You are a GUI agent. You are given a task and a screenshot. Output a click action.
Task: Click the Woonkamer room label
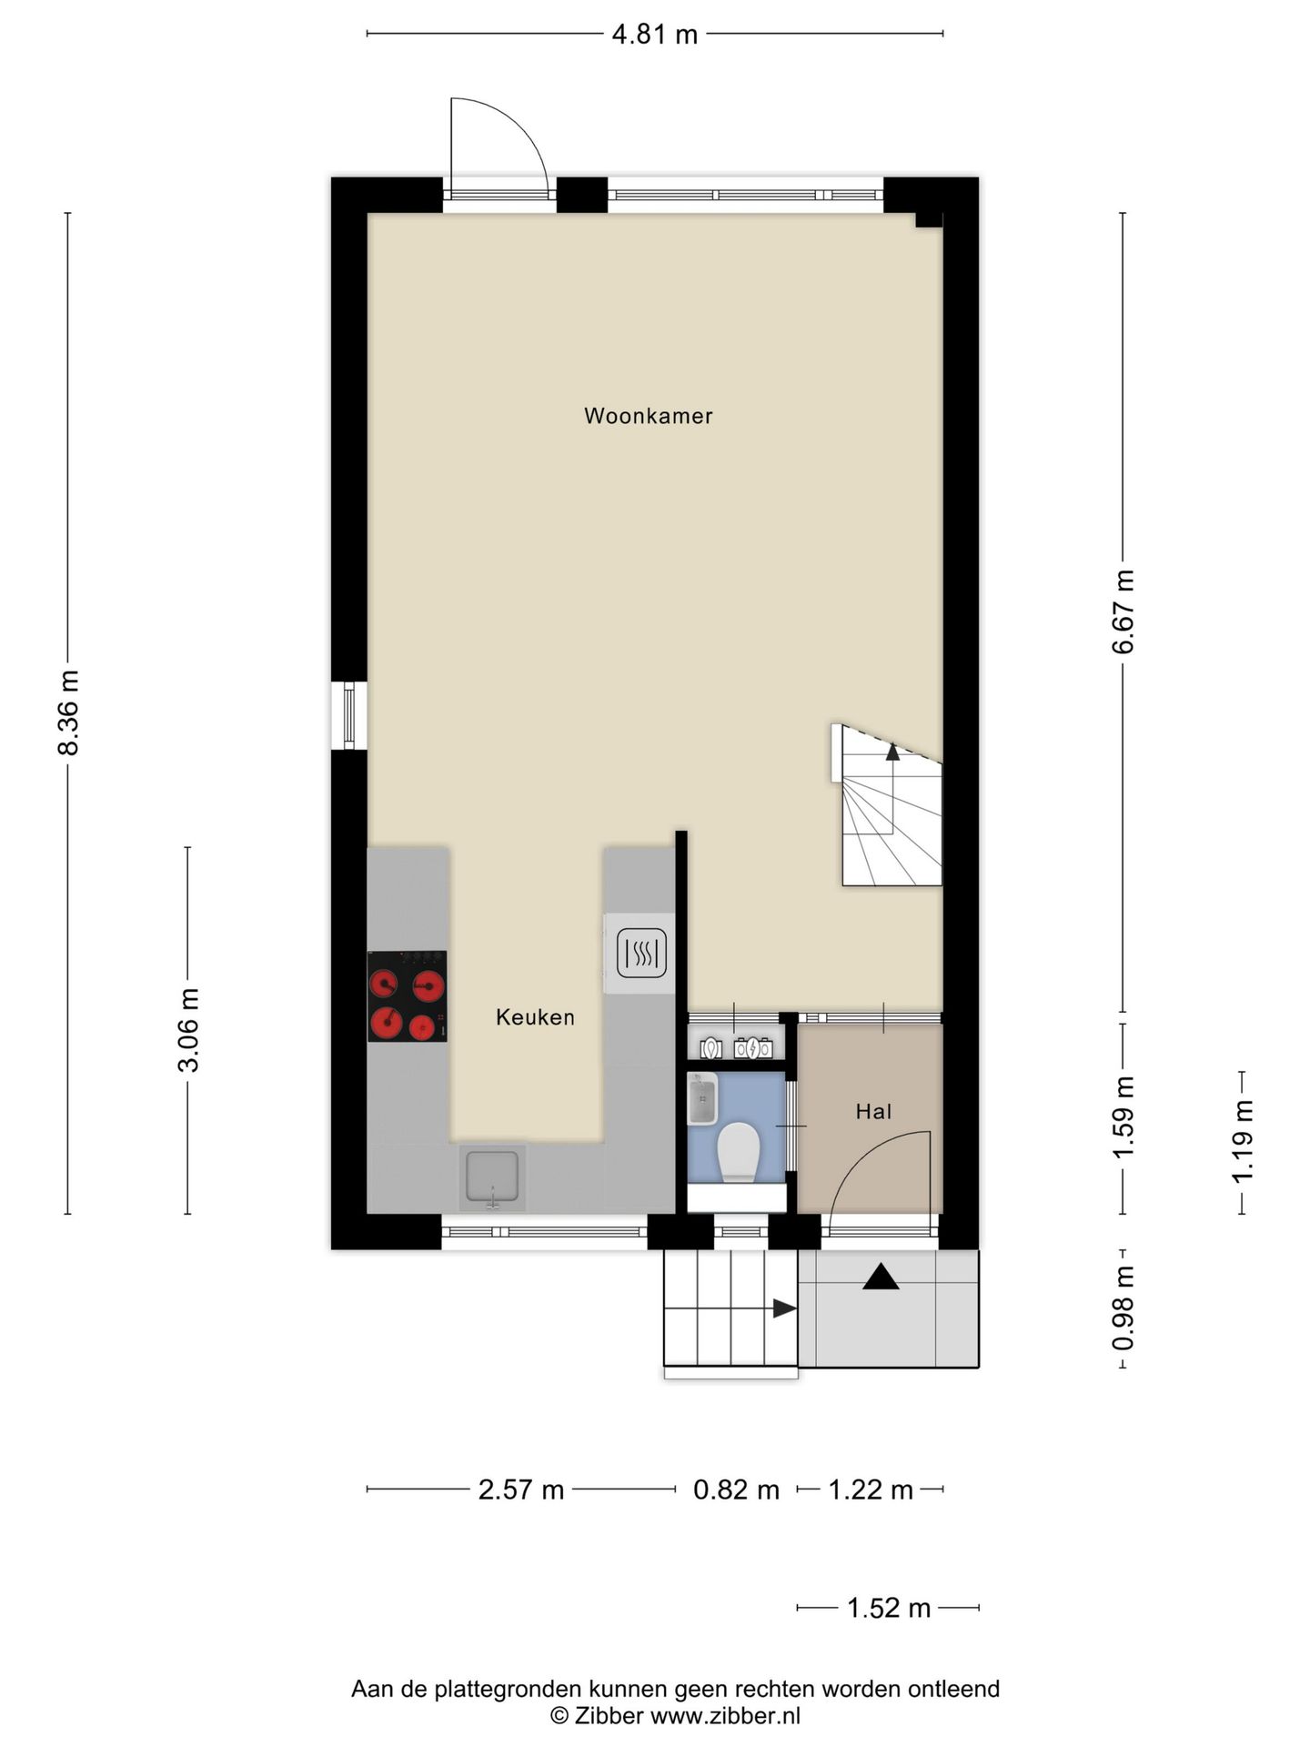[x=648, y=416]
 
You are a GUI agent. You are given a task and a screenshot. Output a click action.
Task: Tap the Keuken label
[x=535, y=1017]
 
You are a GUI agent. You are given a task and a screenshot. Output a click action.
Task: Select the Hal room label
[x=873, y=1111]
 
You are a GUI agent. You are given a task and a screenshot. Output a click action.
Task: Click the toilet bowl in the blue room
[x=738, y=1152]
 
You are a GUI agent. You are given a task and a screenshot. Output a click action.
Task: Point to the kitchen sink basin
[x=492, y=1176]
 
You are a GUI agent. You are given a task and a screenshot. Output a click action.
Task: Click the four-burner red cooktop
[x=407, y=996]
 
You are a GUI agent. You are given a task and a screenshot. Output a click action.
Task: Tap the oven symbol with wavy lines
[x=641, y=953]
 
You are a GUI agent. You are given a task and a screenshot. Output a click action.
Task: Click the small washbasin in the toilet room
[x=702, y=1098]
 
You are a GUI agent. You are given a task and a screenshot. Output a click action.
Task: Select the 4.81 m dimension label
[x=655, y=35]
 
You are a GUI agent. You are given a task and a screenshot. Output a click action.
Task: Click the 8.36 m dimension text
[x=69, y=712]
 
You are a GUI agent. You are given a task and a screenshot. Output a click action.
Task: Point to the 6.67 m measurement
[x=1124, y=611]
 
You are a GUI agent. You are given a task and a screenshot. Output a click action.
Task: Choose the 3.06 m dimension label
[x=188, y=1030]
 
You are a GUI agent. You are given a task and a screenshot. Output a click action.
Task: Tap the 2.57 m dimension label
[x=521, y=1490]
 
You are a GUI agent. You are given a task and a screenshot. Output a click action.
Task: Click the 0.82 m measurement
[x=737, y=1490]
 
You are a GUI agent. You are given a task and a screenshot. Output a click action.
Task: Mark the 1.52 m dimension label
[x=889, y=1609]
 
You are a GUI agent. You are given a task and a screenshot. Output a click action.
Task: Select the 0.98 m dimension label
[x=1124, y=1308]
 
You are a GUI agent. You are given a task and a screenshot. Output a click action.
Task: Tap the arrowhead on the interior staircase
[x=892, y=752]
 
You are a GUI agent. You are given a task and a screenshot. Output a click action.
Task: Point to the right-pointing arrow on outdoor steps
[x=785, y=1308]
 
